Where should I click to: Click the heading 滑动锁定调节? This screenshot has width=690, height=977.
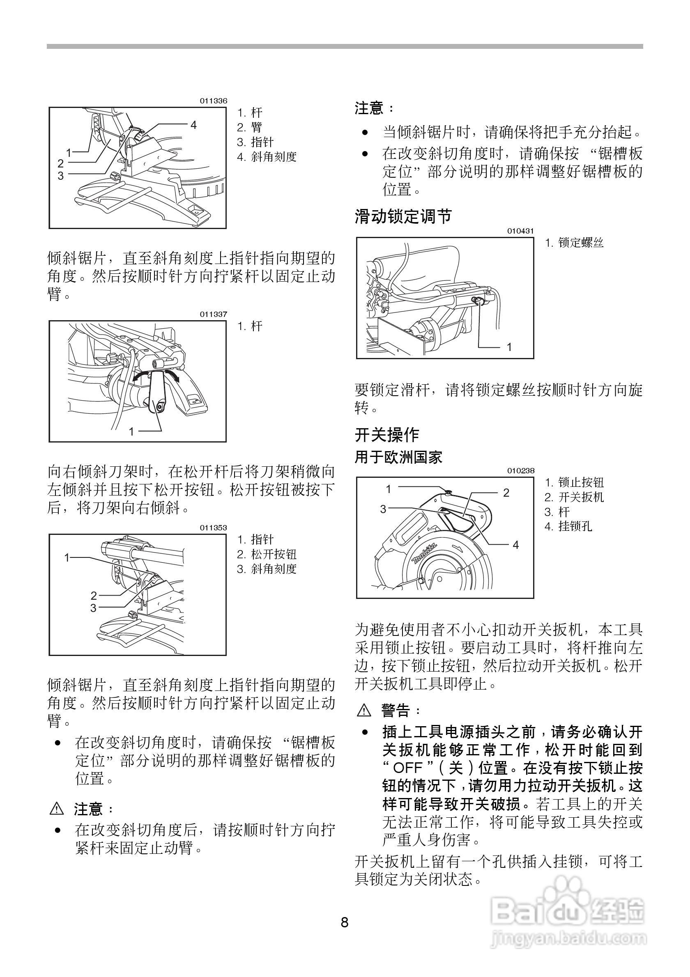(x=402, y=216)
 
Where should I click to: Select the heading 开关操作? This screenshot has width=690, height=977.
(x=386, y=434)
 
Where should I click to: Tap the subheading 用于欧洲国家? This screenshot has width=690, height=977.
(x=398, y=457)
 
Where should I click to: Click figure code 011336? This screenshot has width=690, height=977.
(x=214, y=101)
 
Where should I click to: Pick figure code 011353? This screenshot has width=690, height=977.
(x=214, y=527)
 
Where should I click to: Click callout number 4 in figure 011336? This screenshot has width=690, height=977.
(x=193, y=125)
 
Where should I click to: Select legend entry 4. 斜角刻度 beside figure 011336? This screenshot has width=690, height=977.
(x=267, y=157)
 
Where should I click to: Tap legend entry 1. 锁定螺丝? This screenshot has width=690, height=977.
(x=575, y=243)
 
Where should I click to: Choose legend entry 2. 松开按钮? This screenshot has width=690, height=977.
(x=267, y=554)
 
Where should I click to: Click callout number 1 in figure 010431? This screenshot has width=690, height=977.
(x=508, y=347)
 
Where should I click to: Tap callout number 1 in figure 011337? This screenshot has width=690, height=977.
(x=131, y=431)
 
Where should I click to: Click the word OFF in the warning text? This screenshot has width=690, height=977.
(x=407, y=768)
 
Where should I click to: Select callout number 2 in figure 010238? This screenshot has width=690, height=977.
(x=506, y=493)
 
